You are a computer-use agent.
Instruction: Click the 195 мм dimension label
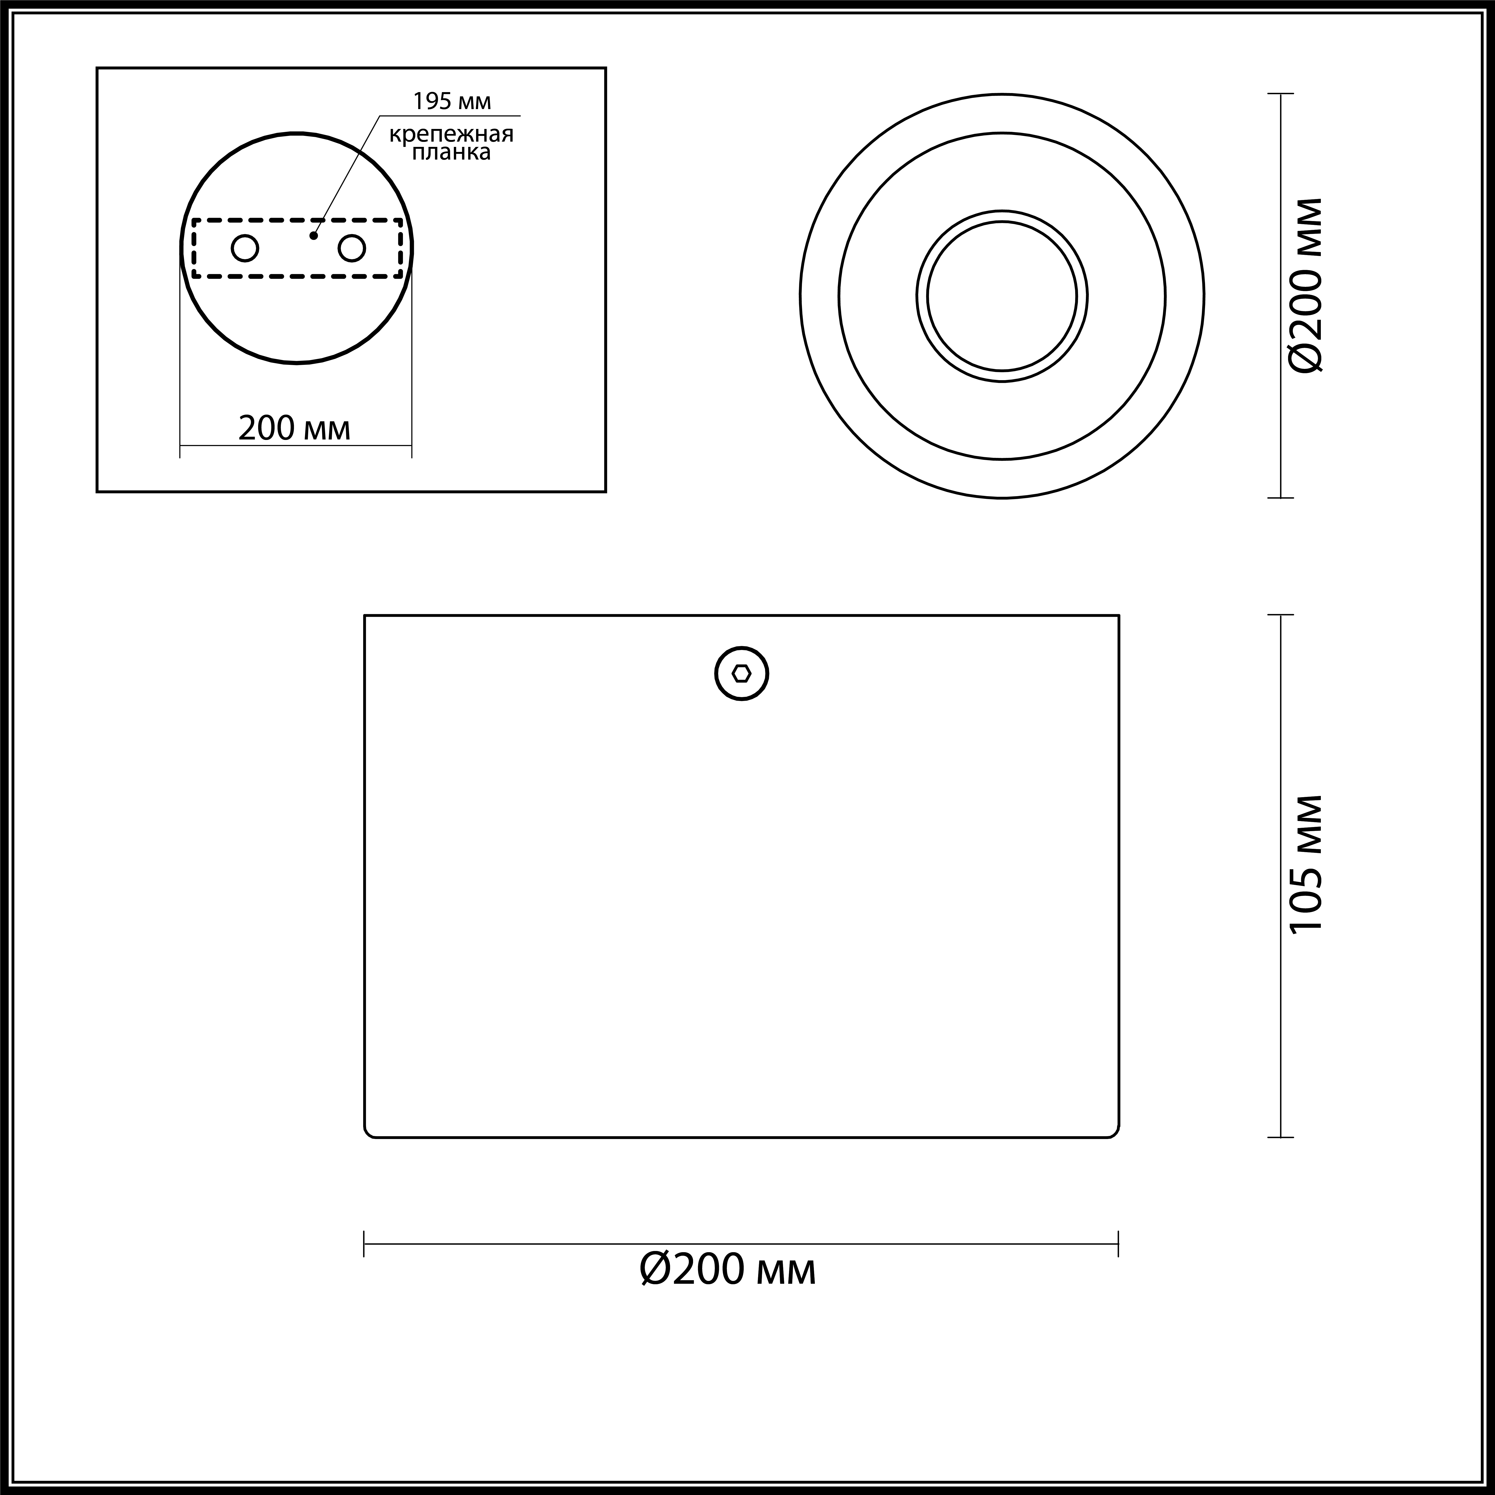coord(452,101)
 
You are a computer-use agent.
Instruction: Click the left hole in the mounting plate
coord(245,248)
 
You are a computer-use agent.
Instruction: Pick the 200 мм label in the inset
coord(294,428)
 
